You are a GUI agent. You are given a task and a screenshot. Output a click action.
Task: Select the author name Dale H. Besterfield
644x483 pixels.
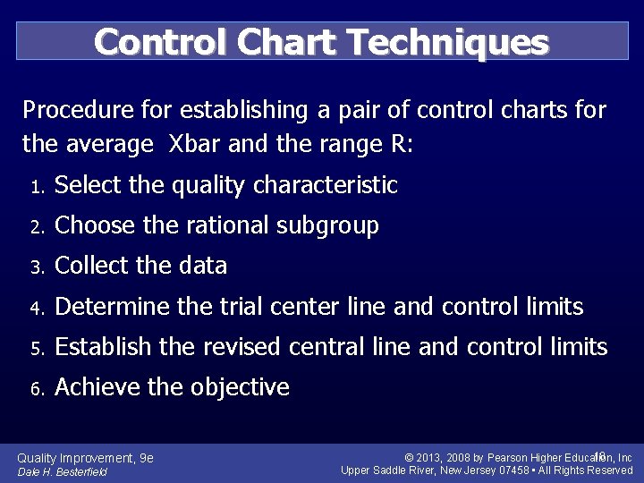tap(62, 471)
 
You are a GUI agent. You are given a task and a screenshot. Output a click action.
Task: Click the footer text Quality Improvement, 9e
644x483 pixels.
tap(85, 458)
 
